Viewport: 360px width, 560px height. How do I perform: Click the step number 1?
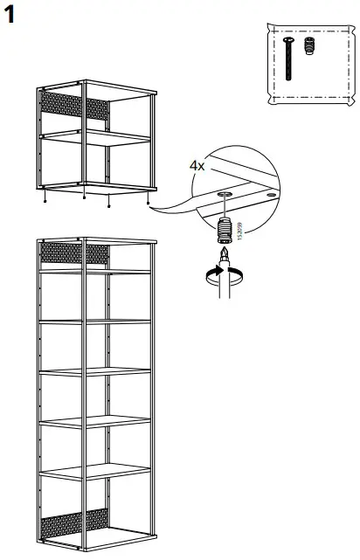[x=11, y=14]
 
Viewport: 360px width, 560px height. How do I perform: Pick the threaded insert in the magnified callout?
[x=225, y=232]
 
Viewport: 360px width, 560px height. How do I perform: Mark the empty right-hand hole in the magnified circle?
[x=271, y=197]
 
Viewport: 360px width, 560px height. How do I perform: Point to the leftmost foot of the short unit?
[x=45, y=198]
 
